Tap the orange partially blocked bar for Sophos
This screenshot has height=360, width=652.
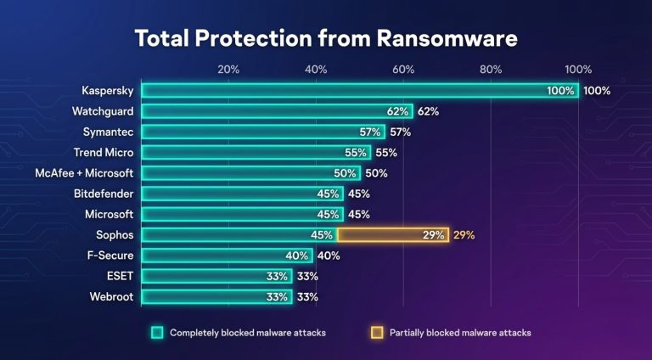coord(381,234)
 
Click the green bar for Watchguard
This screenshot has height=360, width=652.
coord(277,111)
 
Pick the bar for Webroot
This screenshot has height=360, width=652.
coord(216,297)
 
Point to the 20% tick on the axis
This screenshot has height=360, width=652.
coord(228,70)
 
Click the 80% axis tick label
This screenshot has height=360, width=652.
coord(491,70)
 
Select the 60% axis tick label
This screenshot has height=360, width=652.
coord(403,70)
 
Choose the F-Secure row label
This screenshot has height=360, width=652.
coord(110,255)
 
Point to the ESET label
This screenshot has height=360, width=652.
coord(120,276)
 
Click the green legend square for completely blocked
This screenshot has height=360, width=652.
coord(157,333)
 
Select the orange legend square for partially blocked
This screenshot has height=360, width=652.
coord(377,333)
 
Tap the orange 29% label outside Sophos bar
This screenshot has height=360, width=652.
coord(464,235)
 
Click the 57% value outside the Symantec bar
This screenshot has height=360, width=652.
coord(400,132)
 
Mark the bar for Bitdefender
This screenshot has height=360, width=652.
coord(242,194)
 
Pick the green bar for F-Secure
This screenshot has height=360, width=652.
coord(227,256)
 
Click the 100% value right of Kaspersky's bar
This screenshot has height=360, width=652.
coord(597,91)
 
